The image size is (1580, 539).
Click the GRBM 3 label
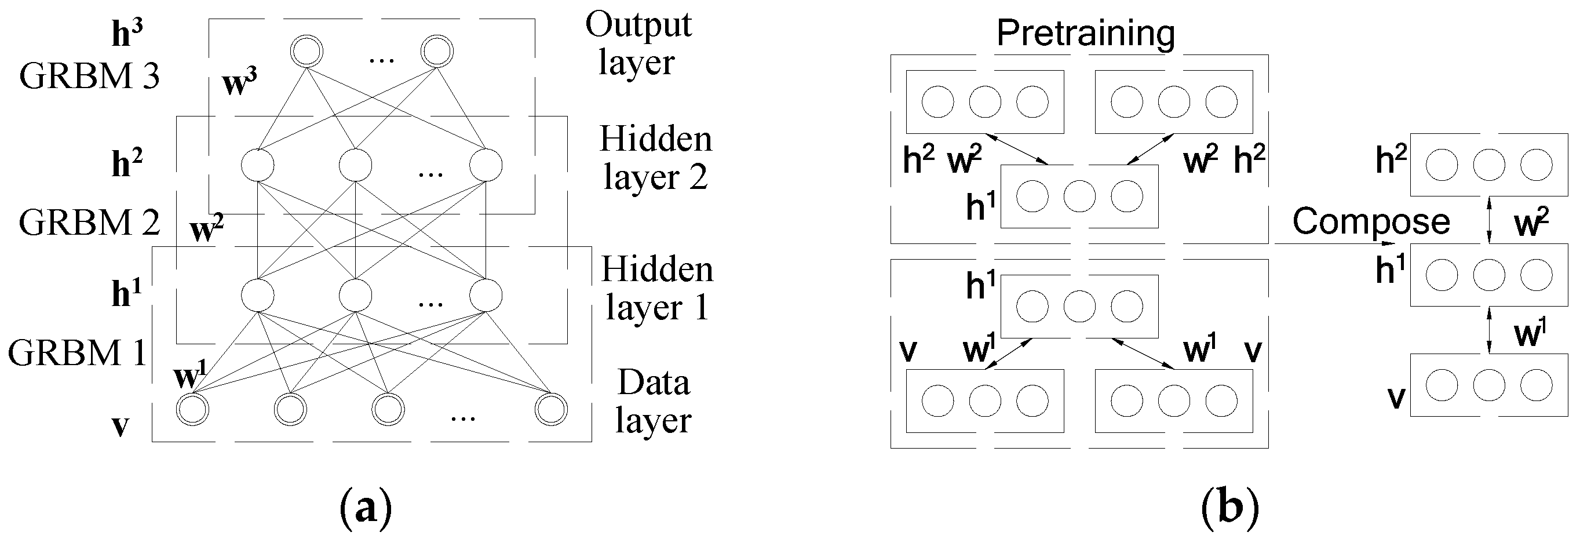tap(90, 77)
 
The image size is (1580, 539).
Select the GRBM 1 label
tap(76, 353)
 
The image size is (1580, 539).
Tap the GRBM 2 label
tap(90, 222)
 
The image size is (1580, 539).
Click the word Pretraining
tap(1086, 33)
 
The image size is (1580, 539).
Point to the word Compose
tap(1371, 221)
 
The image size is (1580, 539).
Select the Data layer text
tap(653, 402)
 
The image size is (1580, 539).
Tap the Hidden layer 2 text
tap(655, 158)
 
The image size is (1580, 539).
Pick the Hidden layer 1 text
tap(656, 288)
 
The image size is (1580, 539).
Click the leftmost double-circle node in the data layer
tap(192, 410)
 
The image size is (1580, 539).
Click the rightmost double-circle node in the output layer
tap(437, 50)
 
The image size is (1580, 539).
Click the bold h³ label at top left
tap(127, 34)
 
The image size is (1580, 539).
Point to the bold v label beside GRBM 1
tap(120, 425)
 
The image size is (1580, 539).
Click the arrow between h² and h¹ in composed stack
tap(1490, 219)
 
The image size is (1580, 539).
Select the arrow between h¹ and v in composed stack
tap(1490, 330)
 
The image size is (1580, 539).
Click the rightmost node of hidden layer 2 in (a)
tap(486, 165)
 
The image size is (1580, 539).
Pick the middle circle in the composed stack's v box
tap(1489, 385)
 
